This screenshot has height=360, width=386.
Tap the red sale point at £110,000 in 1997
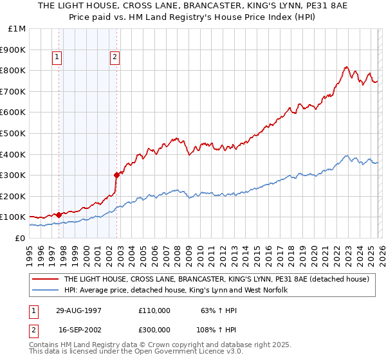[59, 215]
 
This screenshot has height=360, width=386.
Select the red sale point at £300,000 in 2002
[116, 174]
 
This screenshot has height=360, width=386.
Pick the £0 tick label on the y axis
[20, 238]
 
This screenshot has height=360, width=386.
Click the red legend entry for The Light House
[216, 279]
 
